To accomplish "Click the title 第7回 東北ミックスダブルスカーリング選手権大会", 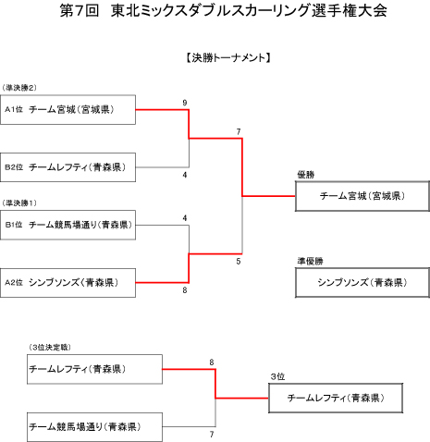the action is [223, 11].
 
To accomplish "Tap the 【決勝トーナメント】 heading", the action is [228, 57].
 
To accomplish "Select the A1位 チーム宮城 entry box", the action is [68, 110].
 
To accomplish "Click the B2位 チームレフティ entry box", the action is [68, 167].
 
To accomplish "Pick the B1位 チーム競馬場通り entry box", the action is [68, 225].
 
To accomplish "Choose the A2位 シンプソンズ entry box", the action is [68, 283].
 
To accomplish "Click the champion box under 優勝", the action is [362, 196].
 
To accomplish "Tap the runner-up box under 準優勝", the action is [362, 282].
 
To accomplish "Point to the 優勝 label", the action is [306, 175].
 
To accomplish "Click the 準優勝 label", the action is [310, 261].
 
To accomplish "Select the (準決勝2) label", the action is [19, 88].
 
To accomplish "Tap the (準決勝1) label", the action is [19, 203].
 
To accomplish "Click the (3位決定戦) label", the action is [50, 348].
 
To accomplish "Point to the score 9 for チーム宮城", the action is [185, 103].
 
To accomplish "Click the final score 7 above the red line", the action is [239, 132].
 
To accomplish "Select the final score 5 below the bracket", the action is [239, 262].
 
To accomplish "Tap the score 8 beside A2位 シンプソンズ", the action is [185, 290].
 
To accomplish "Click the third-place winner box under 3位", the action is [336, 398].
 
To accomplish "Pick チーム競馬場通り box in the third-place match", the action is [94, 427].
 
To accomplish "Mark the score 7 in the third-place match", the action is [212, 435].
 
